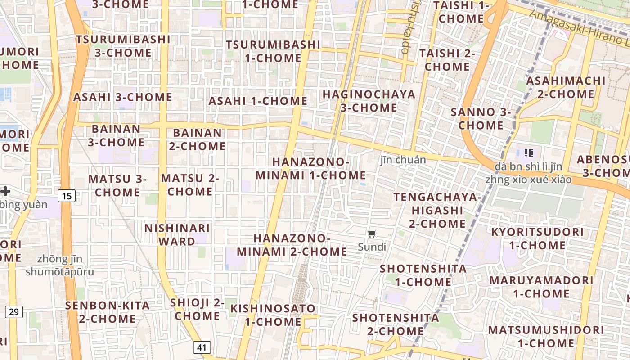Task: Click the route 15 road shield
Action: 67,196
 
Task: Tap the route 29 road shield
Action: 14,311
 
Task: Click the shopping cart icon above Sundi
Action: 372,234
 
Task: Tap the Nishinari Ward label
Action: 177,235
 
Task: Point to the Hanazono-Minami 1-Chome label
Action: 310,168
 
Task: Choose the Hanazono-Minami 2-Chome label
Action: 292,245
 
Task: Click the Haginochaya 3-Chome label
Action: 369,101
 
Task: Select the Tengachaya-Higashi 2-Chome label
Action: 437,210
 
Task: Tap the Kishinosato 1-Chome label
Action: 273,315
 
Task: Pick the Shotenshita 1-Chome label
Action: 423,275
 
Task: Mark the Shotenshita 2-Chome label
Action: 396,324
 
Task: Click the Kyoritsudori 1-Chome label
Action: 537,238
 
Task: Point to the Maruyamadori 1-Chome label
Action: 541,287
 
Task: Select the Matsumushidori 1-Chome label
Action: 546,336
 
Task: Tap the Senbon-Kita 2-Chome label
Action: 108,312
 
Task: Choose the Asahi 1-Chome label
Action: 258,101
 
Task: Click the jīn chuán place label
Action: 403,159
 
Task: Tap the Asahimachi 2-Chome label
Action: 566,87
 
